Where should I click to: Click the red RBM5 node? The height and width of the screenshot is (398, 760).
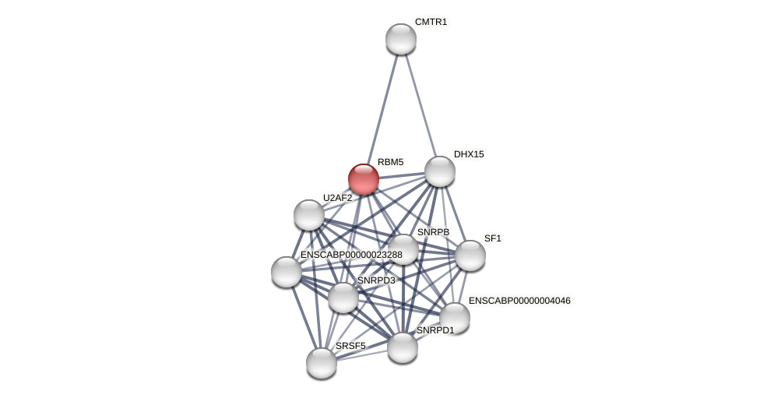click(x=364, y=179)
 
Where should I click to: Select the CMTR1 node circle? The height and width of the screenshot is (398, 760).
click(x=401, y=39)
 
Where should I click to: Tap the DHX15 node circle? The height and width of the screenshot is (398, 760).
click(x=440, y=171)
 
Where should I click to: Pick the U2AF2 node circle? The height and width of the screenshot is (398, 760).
click(x=309, y=215)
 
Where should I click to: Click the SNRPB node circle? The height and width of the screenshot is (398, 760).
click(x=403, y=249)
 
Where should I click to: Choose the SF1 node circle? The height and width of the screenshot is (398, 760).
click(x=470, y=255)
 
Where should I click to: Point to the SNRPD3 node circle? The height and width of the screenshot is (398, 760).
click(x=343, y=298)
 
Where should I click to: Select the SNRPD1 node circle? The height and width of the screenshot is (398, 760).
click(x=403, y=347)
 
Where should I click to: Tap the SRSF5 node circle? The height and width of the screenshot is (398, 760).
click(x=322, y=363)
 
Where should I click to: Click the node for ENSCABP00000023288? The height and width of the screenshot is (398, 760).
click(x=287, y=272)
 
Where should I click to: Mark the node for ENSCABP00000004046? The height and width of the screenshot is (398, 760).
click(x=455, y=318)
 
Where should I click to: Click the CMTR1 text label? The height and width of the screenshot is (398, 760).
click(x=431, y=22)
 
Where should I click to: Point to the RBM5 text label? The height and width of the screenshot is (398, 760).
click(x=390, y=162)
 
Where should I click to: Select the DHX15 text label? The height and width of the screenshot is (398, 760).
click(x=469, y=154)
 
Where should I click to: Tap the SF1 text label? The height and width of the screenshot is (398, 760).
click(x=493, y=238)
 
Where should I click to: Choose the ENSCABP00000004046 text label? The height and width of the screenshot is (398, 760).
click(x=519, y=301)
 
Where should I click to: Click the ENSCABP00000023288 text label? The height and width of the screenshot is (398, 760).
click(x=351, y=255)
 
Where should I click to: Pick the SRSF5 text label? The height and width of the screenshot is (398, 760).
click(x=350, y=346)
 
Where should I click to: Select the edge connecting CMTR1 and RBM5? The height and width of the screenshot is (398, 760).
click(x=382, y=109)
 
